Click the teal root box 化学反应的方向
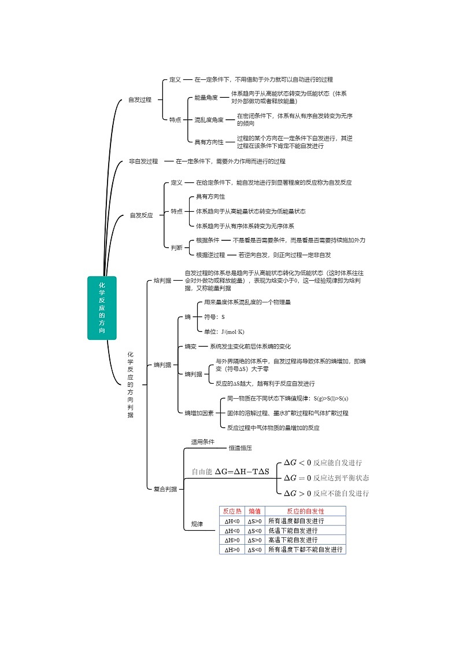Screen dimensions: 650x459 [102, 307]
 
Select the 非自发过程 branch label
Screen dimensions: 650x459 [143, 161]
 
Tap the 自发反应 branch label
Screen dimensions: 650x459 [141, 215]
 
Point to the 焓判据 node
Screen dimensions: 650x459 [162, 281]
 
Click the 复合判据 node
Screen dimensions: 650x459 [165, 489]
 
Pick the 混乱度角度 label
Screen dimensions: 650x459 [209, 120]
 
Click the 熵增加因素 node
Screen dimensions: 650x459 [199, 413]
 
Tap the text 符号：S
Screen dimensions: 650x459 [214, 317]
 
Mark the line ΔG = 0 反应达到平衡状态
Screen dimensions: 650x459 [325, 478]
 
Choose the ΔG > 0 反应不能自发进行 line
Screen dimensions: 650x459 [325, 493]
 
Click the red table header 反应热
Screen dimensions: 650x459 [232, 511]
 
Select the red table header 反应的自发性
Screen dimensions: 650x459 [305, 511]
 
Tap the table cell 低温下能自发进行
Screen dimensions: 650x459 [293, 530]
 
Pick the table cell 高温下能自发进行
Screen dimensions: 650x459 [293, 539]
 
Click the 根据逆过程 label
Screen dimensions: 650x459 [210, 255]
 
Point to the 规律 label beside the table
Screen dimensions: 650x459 [197, 524]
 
